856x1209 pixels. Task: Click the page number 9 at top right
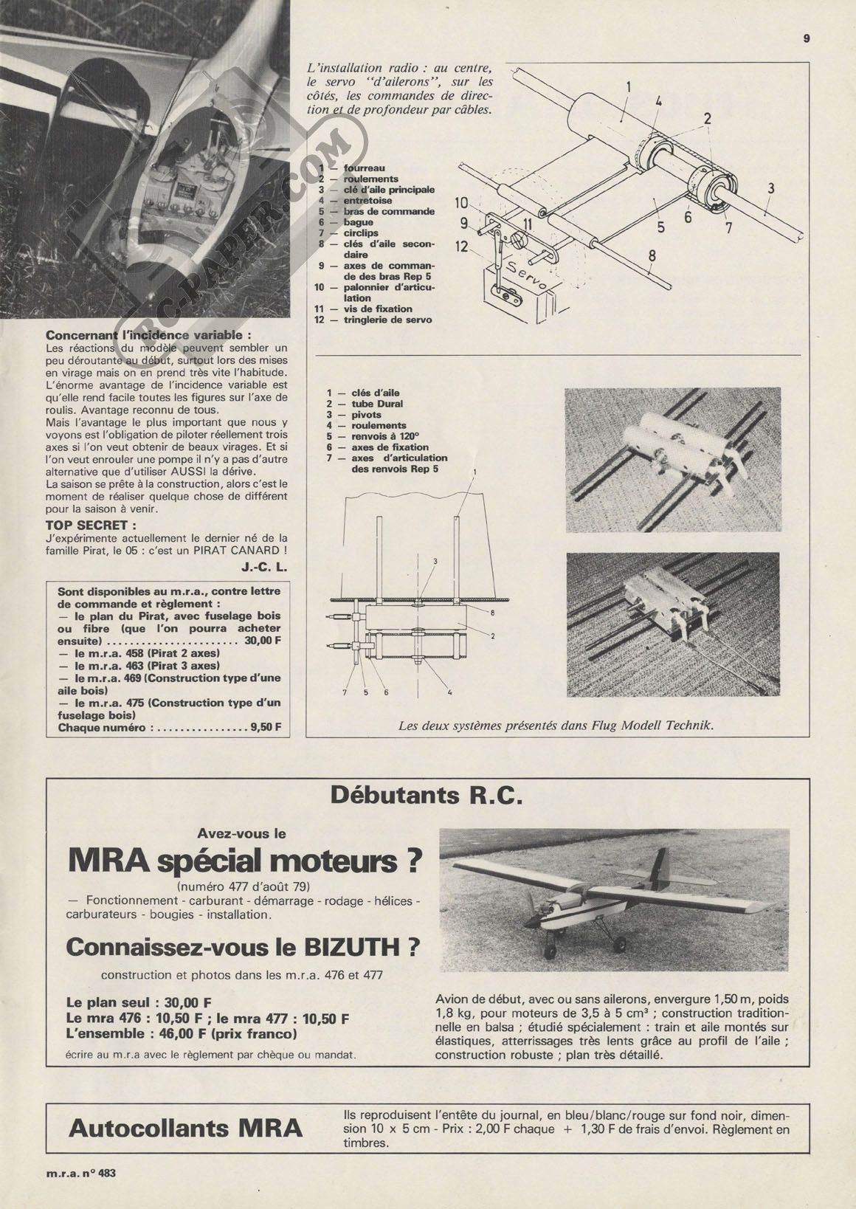coord(807,40)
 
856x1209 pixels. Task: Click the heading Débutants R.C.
coord(426,796)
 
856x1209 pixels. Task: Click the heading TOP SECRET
coord(91,526)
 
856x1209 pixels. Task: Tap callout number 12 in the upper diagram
coord(462,246)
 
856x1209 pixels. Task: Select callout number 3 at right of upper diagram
coord(770,187)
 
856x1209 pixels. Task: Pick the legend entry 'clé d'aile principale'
coord(389,190)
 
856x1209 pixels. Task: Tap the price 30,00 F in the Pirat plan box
coord(263,641)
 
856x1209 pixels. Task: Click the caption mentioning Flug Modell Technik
coord(556,726)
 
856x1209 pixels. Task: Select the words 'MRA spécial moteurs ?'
coord(244,861)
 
